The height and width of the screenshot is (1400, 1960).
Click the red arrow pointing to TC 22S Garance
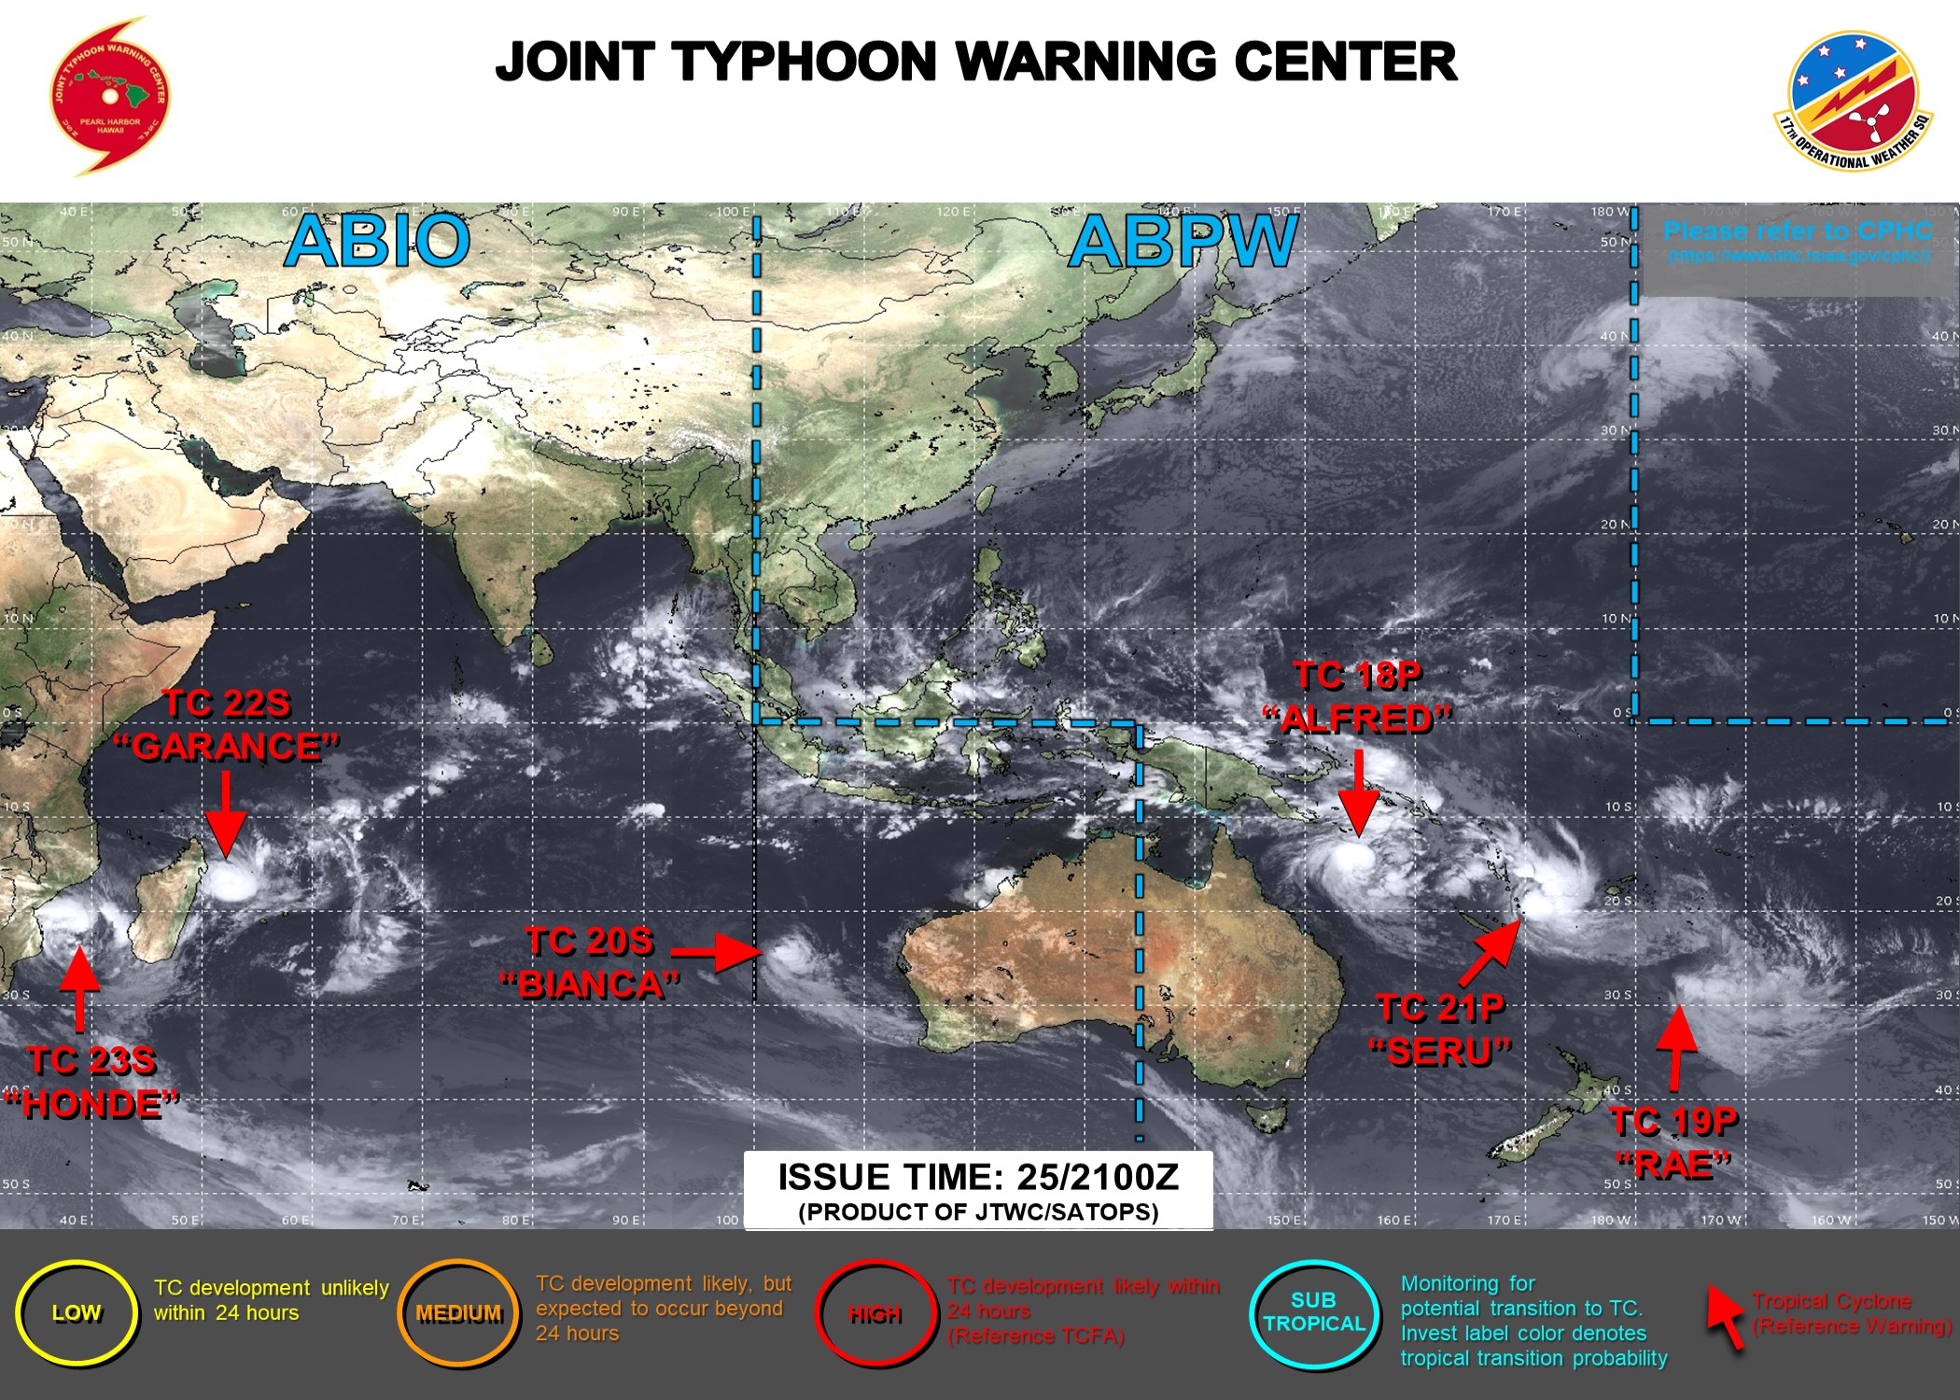[225, 814]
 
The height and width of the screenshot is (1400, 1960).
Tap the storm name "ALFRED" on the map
[1357, 719]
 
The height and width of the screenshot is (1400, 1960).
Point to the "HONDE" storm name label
[91, 1104]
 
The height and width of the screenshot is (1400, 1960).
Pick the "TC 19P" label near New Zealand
[1673, 1121]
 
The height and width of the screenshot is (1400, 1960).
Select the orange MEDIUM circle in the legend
[458, 1313]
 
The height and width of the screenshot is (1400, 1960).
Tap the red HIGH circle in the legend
[875, 1314]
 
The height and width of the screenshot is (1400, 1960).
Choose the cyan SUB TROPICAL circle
[1314, 1312]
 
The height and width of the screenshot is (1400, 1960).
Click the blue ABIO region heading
[377, 241]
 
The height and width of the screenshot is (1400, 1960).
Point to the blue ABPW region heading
[1183, 241]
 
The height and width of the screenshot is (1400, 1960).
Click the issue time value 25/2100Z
[1098, 1177]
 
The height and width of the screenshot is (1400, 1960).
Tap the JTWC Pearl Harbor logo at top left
[109, 96]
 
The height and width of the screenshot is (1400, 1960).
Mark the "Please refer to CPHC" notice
[1797, 231]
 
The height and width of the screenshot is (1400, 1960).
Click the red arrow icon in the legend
[1726, 1316]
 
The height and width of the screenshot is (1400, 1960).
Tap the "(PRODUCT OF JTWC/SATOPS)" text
[978, 1211]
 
